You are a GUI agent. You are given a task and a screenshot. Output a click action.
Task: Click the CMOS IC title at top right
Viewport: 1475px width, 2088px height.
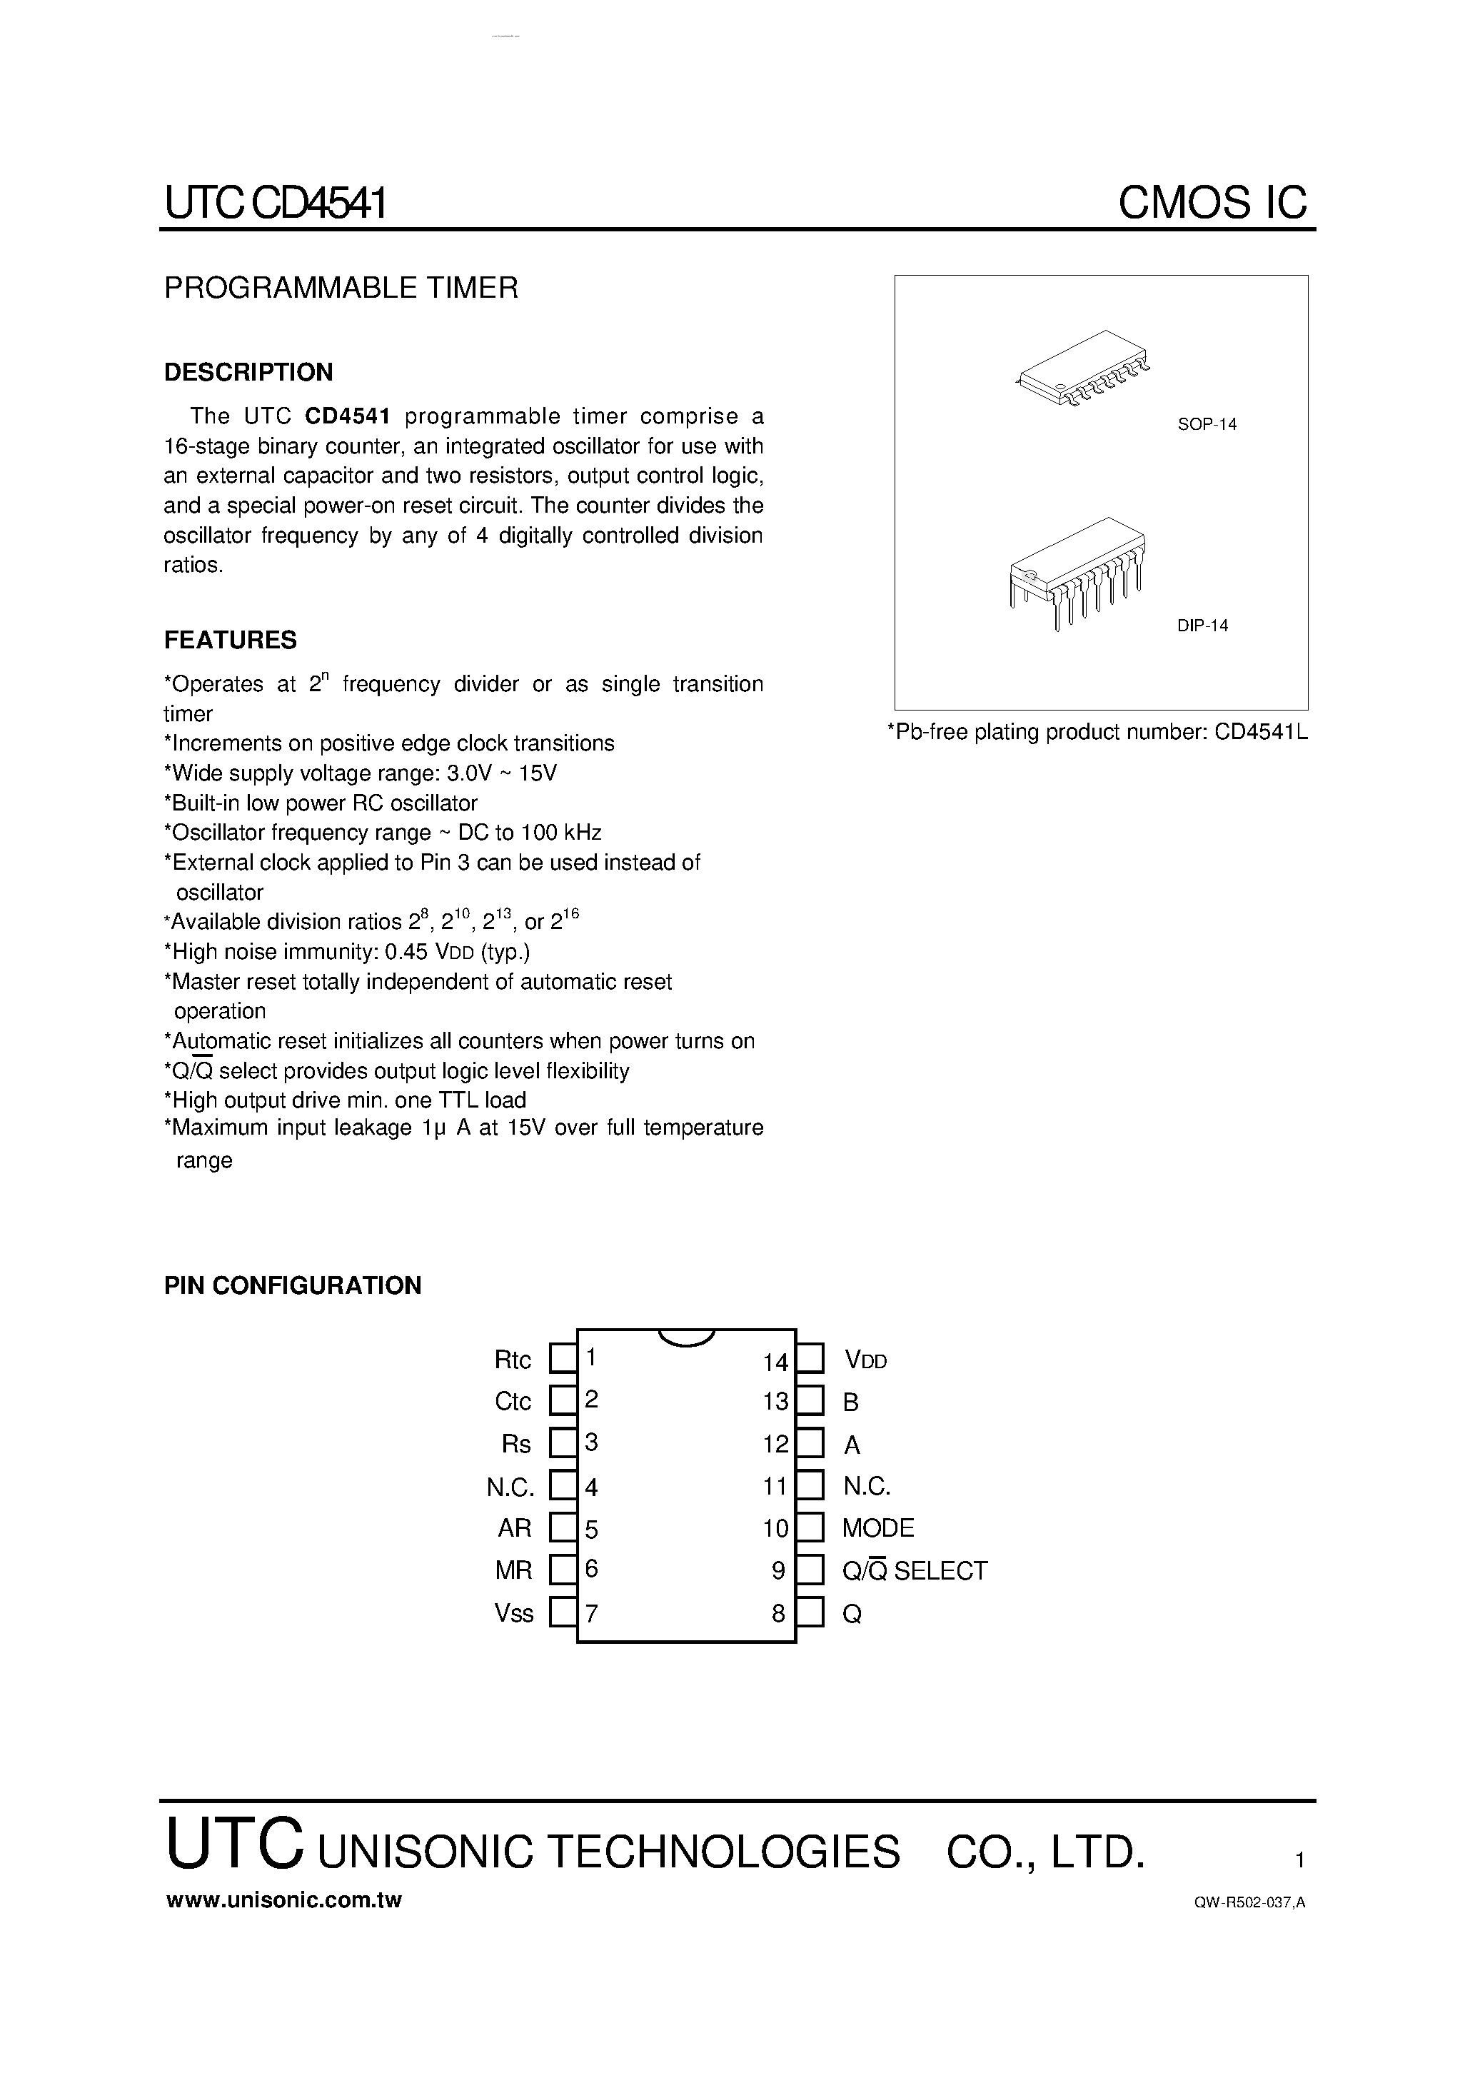(1212, 202)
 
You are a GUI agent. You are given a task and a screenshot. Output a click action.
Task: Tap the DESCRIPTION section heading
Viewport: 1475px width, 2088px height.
(248, 372)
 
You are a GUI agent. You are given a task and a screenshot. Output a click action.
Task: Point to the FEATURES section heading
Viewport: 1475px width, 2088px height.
(230, 641)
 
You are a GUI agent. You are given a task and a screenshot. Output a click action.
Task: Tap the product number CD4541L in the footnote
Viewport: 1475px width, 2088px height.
(1260, 732)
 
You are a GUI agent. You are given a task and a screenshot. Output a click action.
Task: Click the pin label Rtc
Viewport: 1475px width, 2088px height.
(512, 1360)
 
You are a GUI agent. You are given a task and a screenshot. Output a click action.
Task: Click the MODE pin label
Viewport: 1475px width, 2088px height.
(877, 1528)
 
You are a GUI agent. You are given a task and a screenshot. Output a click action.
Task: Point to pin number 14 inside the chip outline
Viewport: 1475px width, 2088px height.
(775, 1362)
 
